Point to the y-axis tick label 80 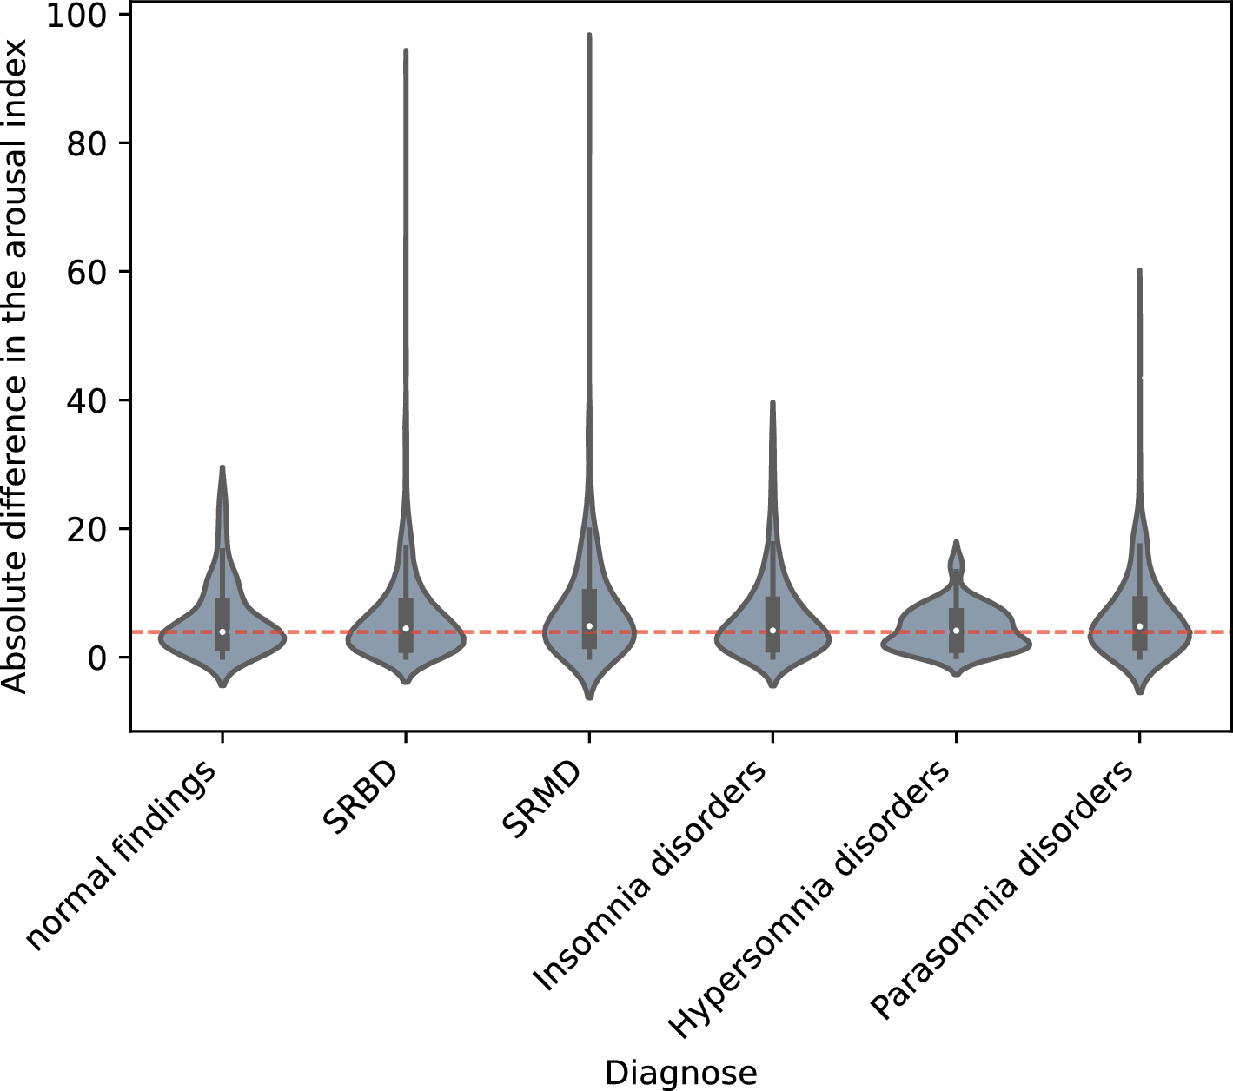coord(90,143)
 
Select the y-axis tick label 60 coord(90,272)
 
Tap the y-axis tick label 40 coord(90,400)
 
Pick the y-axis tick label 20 coord(90,529)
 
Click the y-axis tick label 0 coord(102,658)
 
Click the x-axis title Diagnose coord(680,1072)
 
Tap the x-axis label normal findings coord(122,856)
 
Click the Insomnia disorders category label coord(652,877)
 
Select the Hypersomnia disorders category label coord(812,899)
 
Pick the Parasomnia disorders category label coord(1004,890)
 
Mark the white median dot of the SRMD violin coord(589,626)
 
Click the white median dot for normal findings coord(222,631)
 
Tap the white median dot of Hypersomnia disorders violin coord(956,631)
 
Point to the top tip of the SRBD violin coord(406,51)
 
